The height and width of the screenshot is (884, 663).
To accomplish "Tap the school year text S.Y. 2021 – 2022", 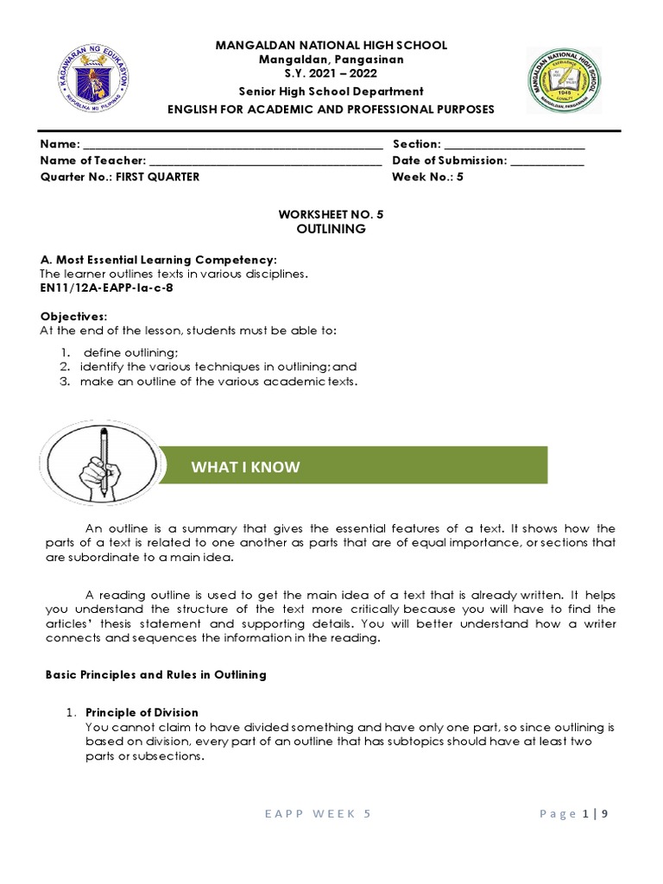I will coord(331,74).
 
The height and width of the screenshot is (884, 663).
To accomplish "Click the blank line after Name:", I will coord(232,145).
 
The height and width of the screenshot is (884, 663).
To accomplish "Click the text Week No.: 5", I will coord(427,176).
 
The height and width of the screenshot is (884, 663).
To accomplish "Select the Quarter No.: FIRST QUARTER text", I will coord(120,176).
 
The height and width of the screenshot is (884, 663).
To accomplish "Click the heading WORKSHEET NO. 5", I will coord(331,214).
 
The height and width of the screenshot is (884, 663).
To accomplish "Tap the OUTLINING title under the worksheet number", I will coord(331,229).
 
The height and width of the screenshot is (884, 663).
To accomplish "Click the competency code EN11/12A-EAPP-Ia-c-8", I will coord(109,289).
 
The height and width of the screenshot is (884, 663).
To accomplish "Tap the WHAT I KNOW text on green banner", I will coord(246,467).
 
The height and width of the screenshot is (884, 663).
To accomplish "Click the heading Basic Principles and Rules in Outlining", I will coord(155,674).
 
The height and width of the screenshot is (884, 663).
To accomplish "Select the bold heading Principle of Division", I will coord(142,712).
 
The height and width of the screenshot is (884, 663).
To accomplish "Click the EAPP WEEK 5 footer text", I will coord(319,813).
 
